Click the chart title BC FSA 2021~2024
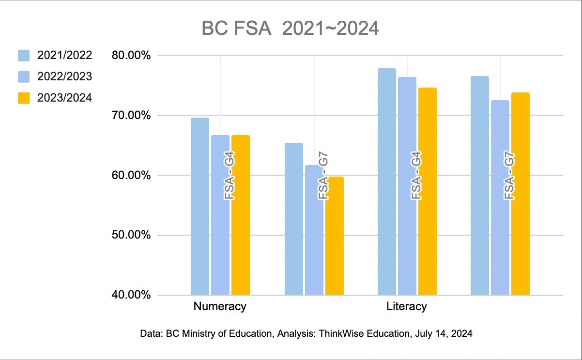pyautogui.click(x=290, y=29)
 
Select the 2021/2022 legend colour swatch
pyautogui.click(x=24, y=55)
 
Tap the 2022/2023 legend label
pyautogui.click(x=64, y=76)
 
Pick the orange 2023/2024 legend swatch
pyautogui.click(x=24, y=98)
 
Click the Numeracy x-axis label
pyautogui.click(x=220, y=306)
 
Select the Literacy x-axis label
pyautogui.click(x=407, y=306)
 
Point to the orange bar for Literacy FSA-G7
pyautogui.click(x=521, y=194)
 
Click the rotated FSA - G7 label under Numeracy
pyautogui.click(x=323, y=177)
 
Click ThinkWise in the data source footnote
pyautogui.click(x=340, y=333)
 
